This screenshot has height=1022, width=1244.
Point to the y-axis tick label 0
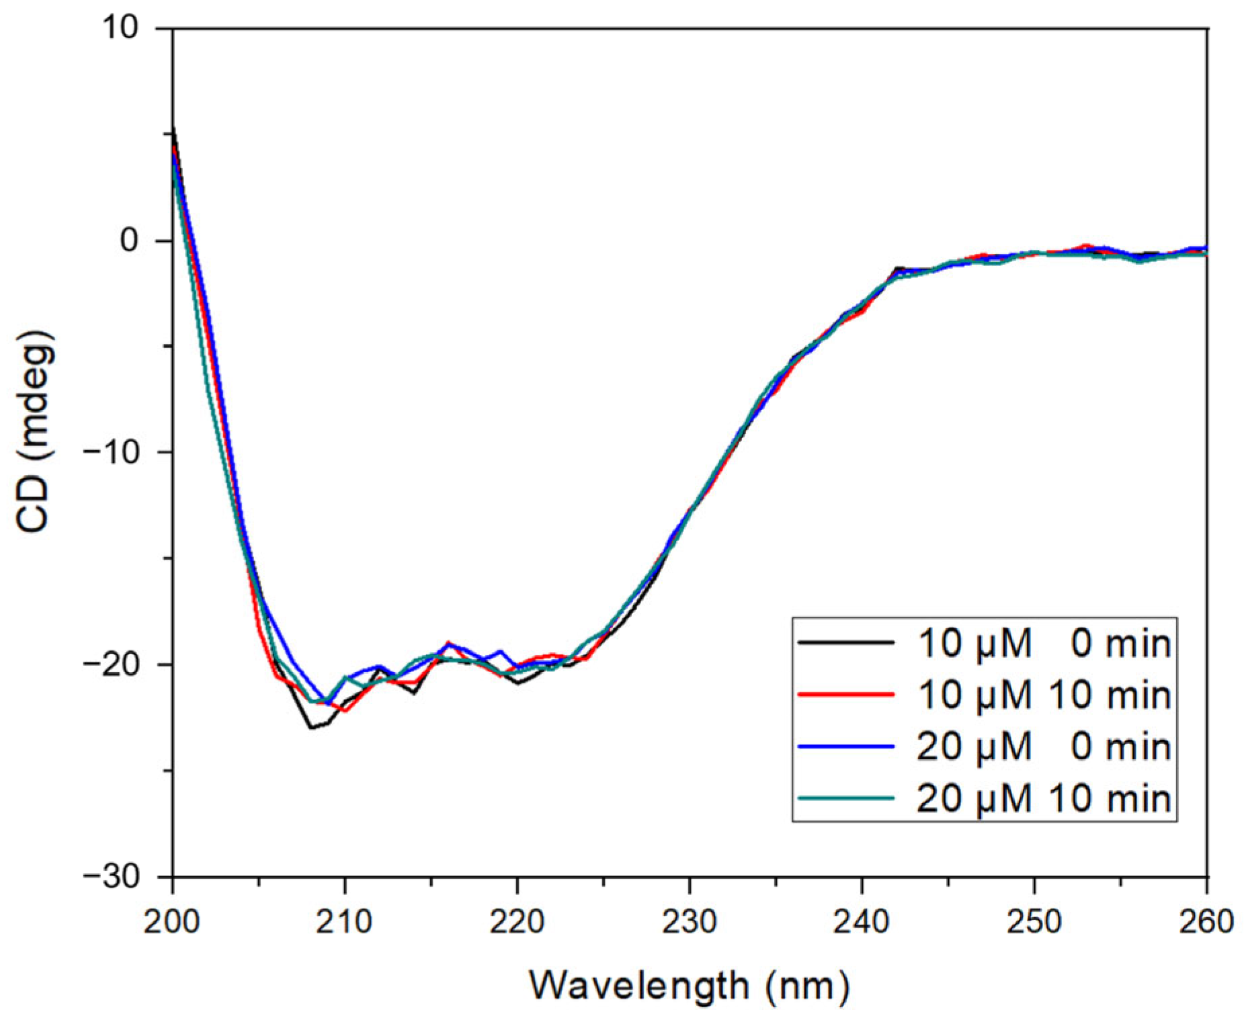point(138,240)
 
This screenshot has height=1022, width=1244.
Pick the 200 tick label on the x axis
point(172,921)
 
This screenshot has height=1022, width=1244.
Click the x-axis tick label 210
point(344,921)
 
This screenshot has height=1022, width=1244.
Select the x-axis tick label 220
point(517,921)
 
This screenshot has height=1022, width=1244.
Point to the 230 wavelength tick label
point(689,921)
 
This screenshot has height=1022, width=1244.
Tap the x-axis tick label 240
point(862,921)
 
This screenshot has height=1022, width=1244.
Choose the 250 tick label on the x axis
point(1034,921)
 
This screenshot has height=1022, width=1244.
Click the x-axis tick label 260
point(1206,921)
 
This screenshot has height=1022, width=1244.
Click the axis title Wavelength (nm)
point(690,986)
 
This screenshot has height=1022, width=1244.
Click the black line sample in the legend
point(846,643)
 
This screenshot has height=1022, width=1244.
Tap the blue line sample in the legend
point(846,747)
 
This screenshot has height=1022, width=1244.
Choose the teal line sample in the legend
point(846,798)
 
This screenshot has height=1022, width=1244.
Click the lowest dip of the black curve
point(311,728)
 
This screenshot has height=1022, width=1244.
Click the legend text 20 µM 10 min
point(1044,798)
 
